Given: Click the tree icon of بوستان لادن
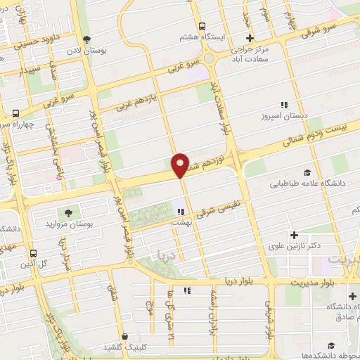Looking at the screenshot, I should pyautogui.click(x=86, y=39).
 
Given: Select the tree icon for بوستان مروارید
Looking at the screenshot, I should pyautogui.click(x=68, y=212).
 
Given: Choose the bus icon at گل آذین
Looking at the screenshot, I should pyautogui.click(x=33, y=252).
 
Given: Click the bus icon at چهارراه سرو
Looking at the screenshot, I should pyautogui.click(x=15, y=113).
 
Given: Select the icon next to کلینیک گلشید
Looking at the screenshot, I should pyautogui.click(x=124, y=337).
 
